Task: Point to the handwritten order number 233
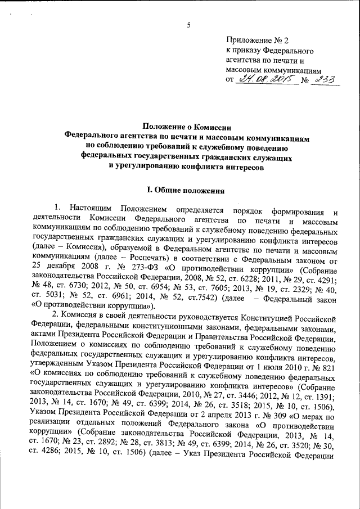(324, 80)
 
